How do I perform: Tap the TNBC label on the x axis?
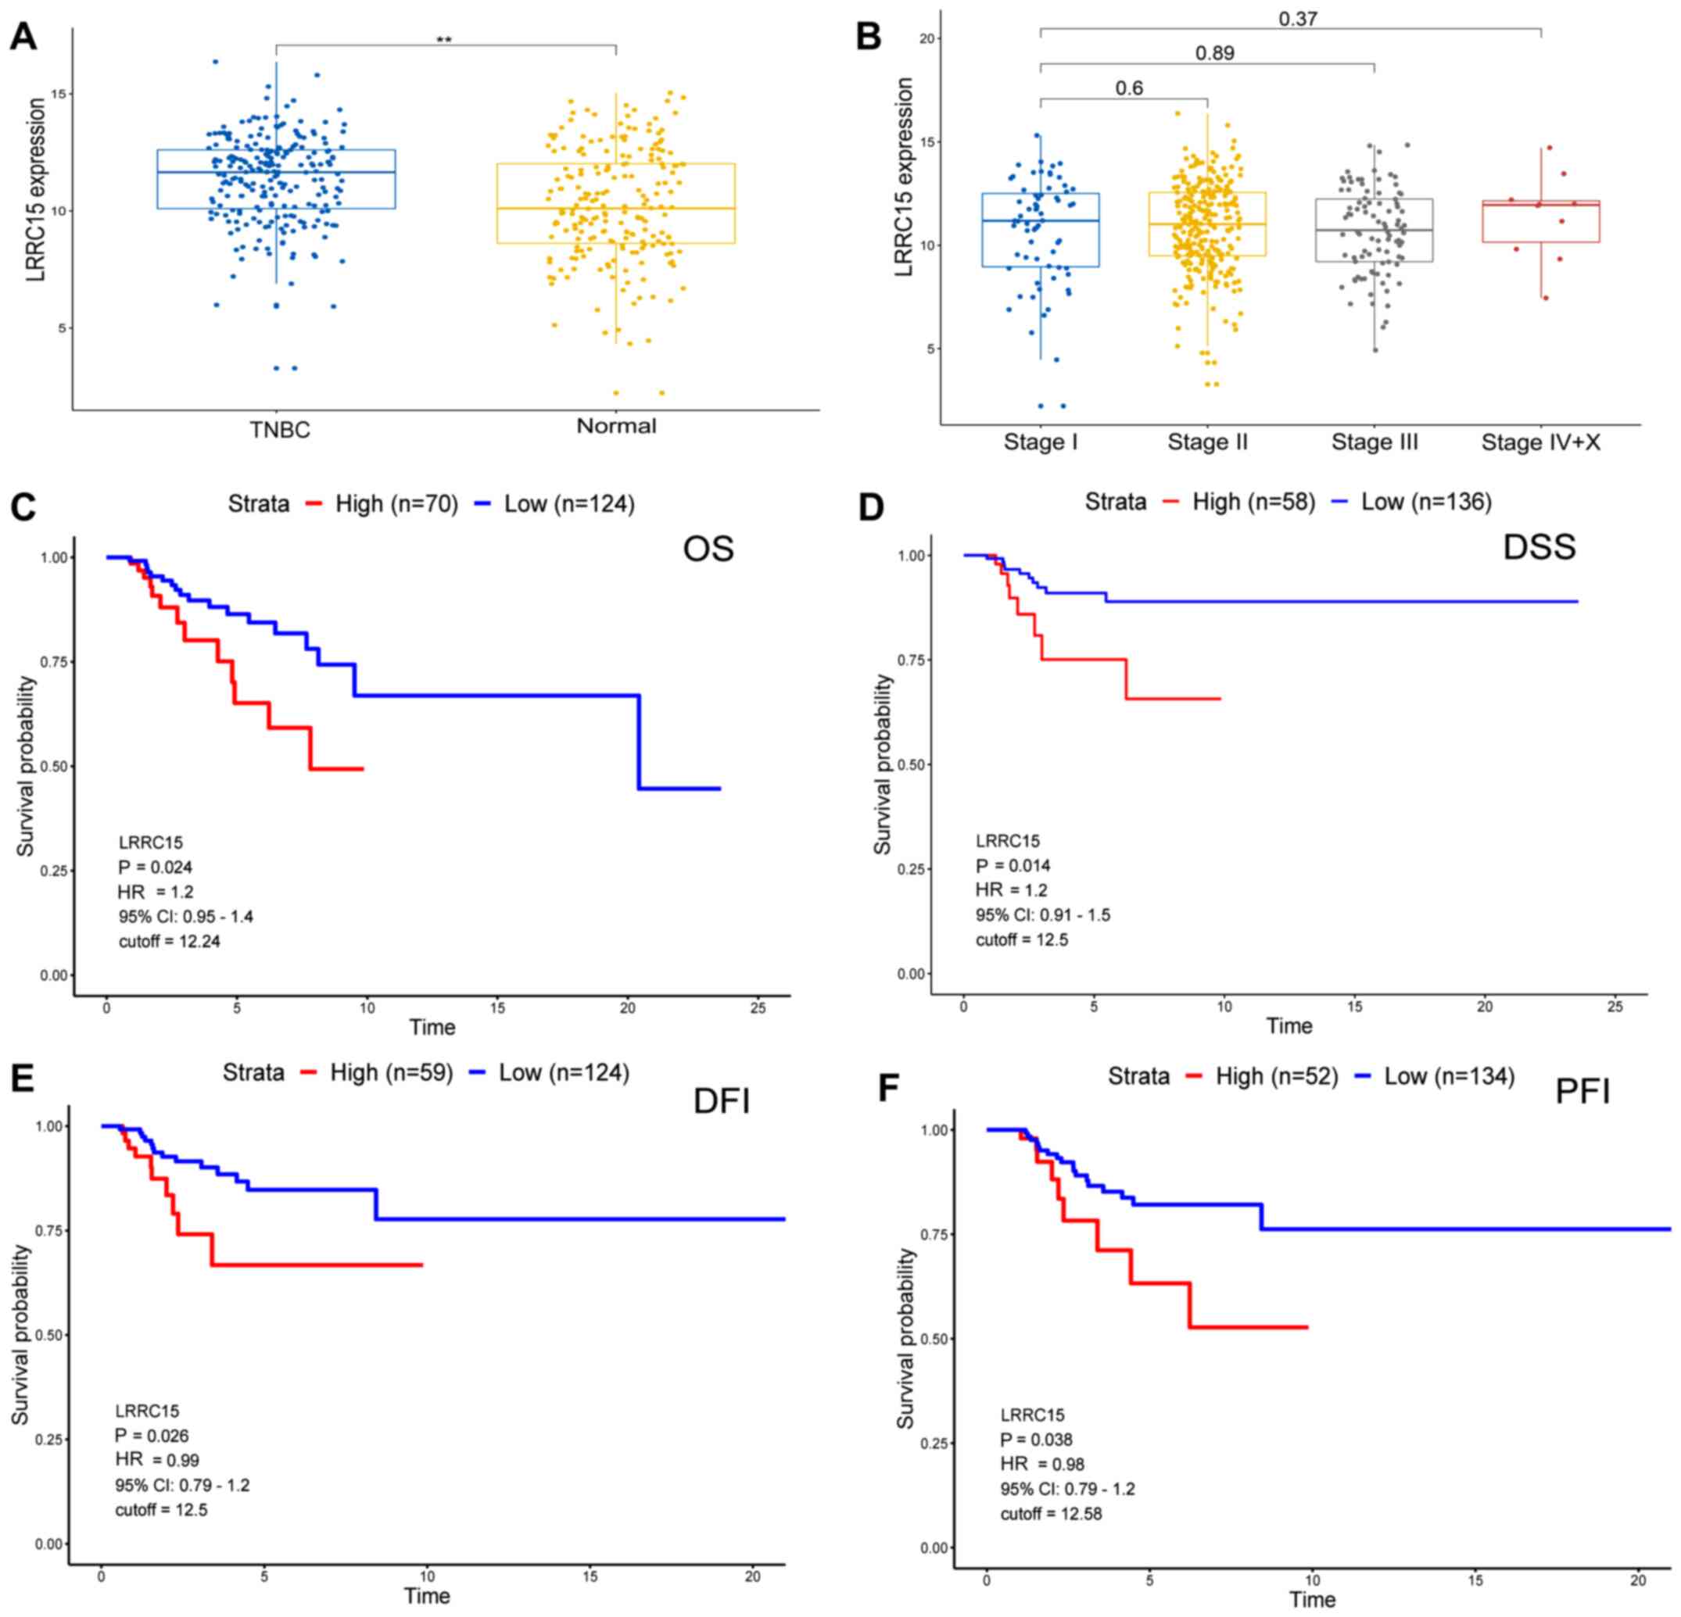[x=280, y=430]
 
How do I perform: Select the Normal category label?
[x=616, y=426]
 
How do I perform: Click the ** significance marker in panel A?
[x=443, y=39]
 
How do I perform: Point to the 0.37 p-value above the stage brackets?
[x=1298, y=19]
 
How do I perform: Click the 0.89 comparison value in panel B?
[x=1214, y=53]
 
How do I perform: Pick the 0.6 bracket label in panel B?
[x=1129, y=88]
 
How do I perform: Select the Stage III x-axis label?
[x=1374, y=442]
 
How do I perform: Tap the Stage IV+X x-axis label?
[x=1540, y=442]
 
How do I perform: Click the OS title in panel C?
[x=708, y=549]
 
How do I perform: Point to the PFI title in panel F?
[x=1582, y=1092]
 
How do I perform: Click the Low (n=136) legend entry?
[x=1426, y=502]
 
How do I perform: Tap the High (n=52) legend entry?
[x=1276, y=1076]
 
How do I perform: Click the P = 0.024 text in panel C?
[x=156, y=867]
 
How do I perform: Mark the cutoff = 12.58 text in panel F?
[x=1051, y=1513]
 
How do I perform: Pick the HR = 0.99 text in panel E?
[x=157, y=1460]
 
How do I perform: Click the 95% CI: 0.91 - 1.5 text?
[x=1042, y=915]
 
